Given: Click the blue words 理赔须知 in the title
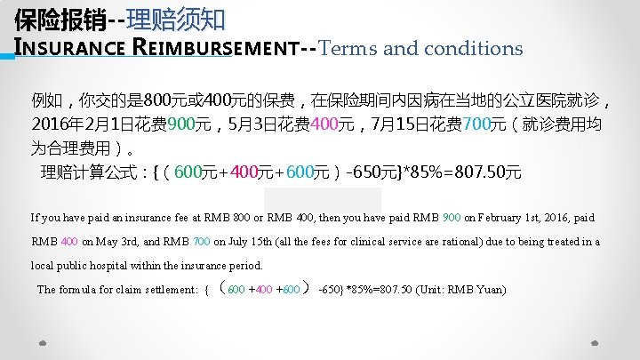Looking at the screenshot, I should point(176,18).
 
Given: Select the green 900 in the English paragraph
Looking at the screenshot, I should point(452,218).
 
